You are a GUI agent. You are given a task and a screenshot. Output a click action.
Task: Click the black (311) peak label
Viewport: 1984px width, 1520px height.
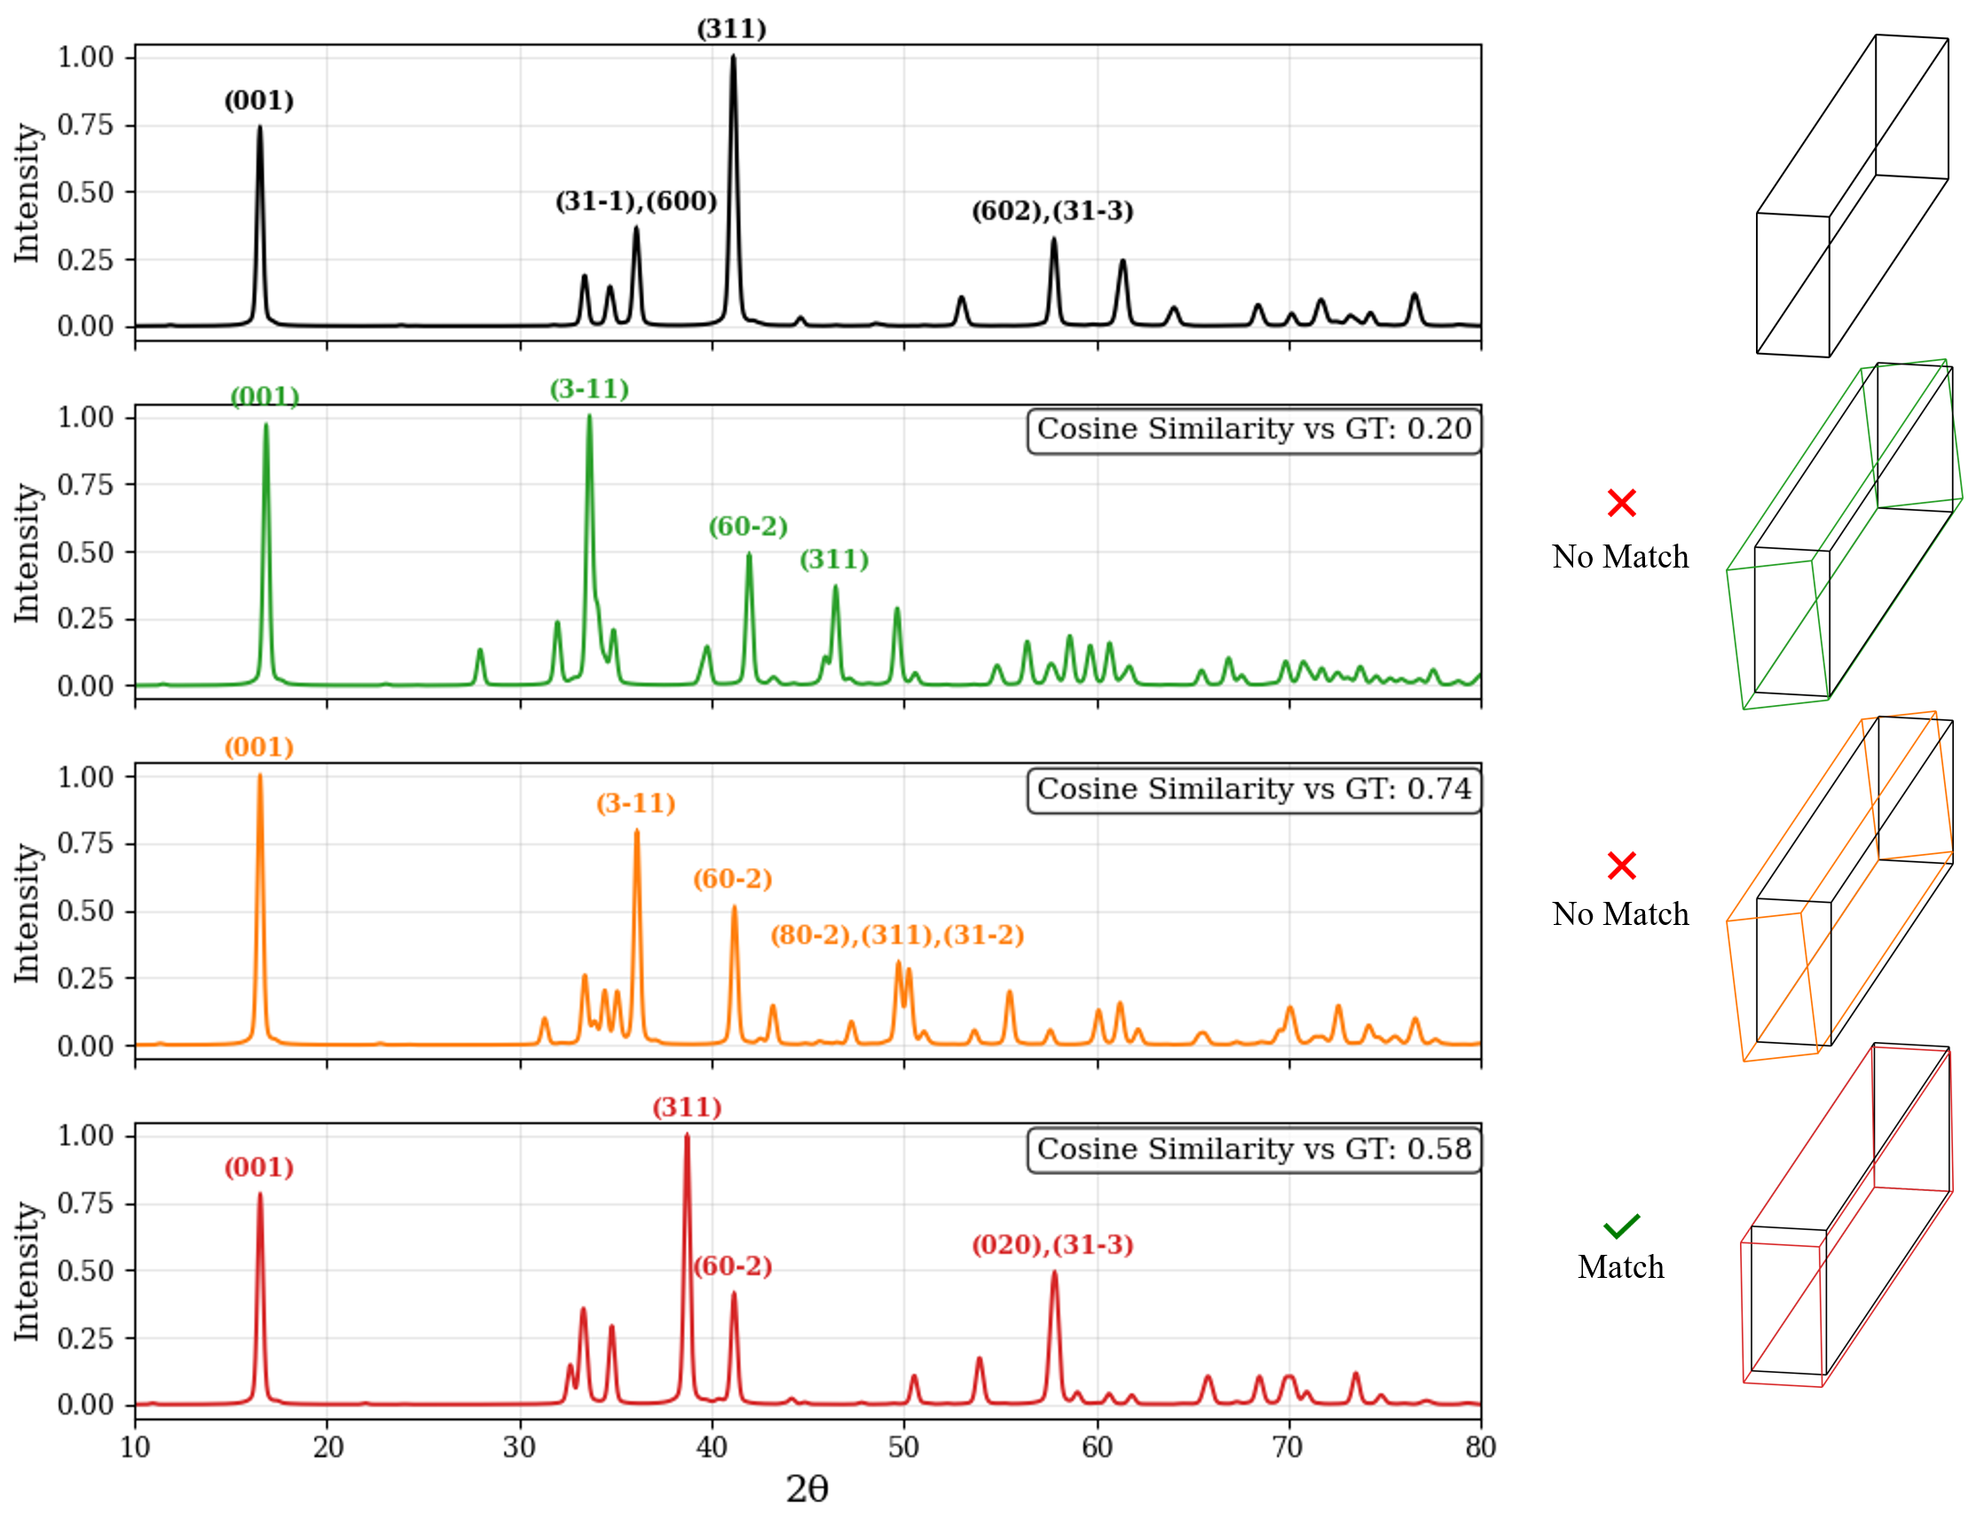point(731,29)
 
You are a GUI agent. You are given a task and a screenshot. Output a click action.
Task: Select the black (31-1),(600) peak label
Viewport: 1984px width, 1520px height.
point(635,200)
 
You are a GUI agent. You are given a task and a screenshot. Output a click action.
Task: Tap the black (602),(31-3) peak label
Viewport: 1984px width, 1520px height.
point(1051,211)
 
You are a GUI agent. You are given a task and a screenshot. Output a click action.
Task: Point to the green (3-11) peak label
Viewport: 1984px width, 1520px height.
point(589,389)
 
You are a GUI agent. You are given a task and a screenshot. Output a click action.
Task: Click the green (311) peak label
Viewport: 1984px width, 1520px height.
point(833,560)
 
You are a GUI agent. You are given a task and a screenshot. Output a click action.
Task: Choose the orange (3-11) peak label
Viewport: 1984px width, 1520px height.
point(635,803)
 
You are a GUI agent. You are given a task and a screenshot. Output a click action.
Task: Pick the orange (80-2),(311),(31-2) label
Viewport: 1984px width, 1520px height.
point(897,935)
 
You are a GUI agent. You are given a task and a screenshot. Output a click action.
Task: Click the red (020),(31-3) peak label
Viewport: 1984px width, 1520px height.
point(1051,1245)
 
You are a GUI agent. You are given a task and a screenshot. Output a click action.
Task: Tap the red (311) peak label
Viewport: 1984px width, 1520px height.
point(687,1108)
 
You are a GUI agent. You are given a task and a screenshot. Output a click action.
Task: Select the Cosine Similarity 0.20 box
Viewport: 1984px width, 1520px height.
point(1254,430)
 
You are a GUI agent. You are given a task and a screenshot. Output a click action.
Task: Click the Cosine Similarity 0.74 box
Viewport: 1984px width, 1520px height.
point(1254,790)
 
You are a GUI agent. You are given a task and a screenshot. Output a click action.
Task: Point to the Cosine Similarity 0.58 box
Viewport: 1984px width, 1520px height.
point(1254,1149)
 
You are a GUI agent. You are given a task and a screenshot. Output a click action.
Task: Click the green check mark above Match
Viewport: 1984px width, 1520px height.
point(1621,1226)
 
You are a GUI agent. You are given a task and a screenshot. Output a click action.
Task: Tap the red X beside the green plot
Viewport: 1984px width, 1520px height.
point(1621,503)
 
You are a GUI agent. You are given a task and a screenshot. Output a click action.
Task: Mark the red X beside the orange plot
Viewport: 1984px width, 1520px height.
point(1621,866)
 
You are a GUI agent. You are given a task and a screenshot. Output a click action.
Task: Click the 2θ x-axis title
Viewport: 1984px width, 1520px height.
point(807,1489)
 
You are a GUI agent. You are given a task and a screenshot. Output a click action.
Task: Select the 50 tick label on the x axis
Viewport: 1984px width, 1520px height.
point(903,1447)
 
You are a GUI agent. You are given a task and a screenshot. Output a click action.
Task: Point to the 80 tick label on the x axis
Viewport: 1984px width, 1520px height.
point(1480,1447)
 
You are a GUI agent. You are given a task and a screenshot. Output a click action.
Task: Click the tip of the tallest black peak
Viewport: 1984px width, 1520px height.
point(733,56)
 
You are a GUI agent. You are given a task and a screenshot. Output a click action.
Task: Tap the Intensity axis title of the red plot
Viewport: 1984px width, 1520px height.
point(28,1271)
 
